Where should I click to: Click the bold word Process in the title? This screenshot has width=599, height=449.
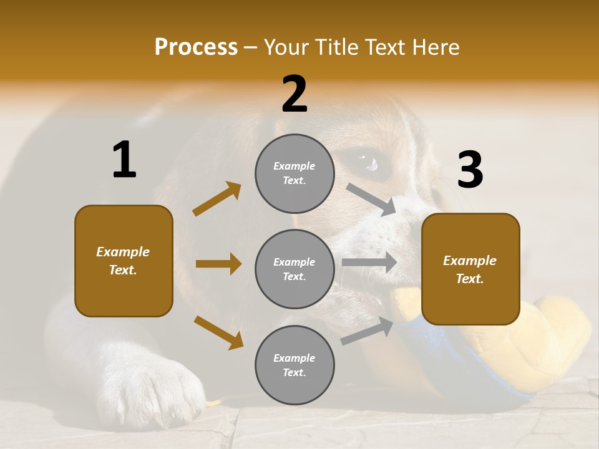(196, 47)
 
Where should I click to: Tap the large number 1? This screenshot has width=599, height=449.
(124, 160)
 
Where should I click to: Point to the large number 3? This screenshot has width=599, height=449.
(470, 170)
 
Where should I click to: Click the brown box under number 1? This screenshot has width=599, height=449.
(124, 261)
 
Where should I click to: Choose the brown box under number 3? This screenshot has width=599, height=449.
(470, 269)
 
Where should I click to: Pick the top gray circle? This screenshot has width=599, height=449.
(295, 173)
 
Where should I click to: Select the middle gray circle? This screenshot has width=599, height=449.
(295, 269)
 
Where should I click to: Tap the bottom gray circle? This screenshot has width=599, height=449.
(295, 365)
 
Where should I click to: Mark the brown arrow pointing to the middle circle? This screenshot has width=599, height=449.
(218, 264)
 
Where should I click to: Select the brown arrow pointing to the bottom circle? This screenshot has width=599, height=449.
(218, 332)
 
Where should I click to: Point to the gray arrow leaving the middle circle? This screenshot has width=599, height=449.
(369, 262)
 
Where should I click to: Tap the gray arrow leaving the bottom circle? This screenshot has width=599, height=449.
(367, 331)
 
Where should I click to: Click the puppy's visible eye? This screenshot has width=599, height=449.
(369, 162)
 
